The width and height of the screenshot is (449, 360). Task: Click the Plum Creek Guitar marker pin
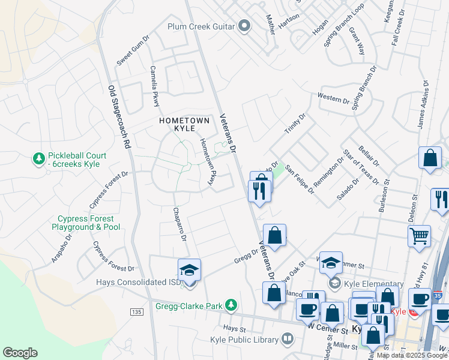click(x=244, y=26)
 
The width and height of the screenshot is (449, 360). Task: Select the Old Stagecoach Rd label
click(x=119, y=116)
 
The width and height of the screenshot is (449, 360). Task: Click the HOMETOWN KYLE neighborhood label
click(x=184, y=125)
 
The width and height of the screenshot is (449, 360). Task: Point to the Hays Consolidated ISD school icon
click(x=189, y=270)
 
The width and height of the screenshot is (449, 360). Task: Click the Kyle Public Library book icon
click(x=288, y=340)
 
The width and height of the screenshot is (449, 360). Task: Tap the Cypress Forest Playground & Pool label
click(x=89, y=223)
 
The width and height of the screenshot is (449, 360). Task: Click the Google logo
click(x=20, y=353)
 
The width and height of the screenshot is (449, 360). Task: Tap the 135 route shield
click(x=137, y=311)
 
